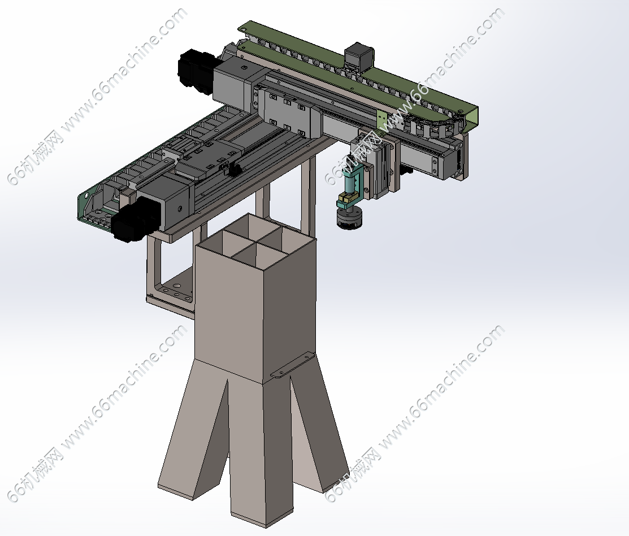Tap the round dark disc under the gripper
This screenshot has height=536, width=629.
(x=349, y=218)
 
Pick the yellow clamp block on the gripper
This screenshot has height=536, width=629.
(x=347, y=198)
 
